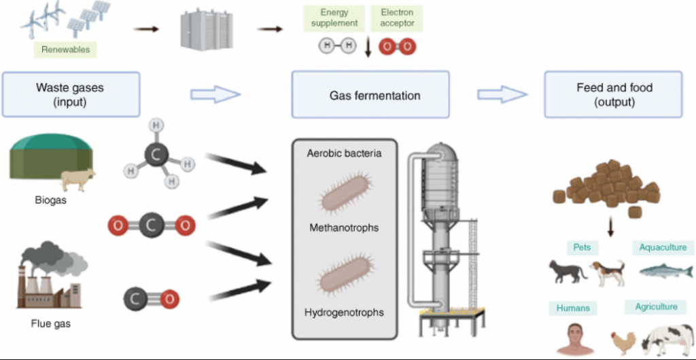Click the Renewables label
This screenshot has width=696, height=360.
click(x=65, y=49)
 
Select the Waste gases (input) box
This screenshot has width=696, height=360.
click(x=71, y=95)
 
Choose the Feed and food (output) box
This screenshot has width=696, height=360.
click(x=614, y=95)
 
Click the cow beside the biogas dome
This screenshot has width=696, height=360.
click(x=77, y=179)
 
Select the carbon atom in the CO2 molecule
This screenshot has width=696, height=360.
click(x=151, y=223)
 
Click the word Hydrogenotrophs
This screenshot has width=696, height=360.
click(x=344, y=312)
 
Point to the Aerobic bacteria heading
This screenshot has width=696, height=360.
click(x=344, y=154)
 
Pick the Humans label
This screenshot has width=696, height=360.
click(x=572, y=308)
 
